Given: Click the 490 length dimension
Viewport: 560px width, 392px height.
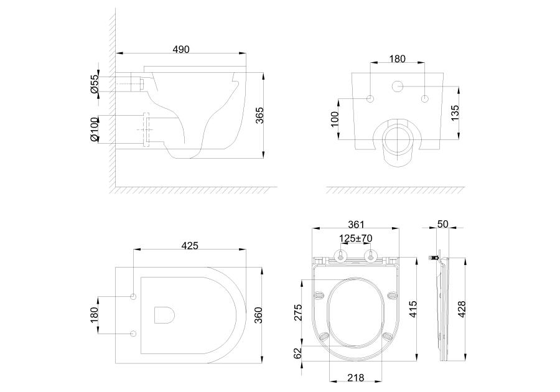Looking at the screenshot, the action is [181, 49].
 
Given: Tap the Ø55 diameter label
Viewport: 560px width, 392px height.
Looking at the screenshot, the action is [95, 84].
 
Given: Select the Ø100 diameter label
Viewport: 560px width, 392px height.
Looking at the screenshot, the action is [95, 129].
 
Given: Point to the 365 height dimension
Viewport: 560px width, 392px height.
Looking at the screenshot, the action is [259, 115].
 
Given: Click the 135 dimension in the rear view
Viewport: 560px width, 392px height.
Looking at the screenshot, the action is [455, 113].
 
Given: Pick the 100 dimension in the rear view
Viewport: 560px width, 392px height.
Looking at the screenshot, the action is [335, 119].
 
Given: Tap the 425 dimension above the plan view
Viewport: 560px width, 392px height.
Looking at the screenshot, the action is [190, 246].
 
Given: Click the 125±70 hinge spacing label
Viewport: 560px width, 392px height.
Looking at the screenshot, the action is [356, 238].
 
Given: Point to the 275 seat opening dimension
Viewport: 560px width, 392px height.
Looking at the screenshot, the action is [298, 312].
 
